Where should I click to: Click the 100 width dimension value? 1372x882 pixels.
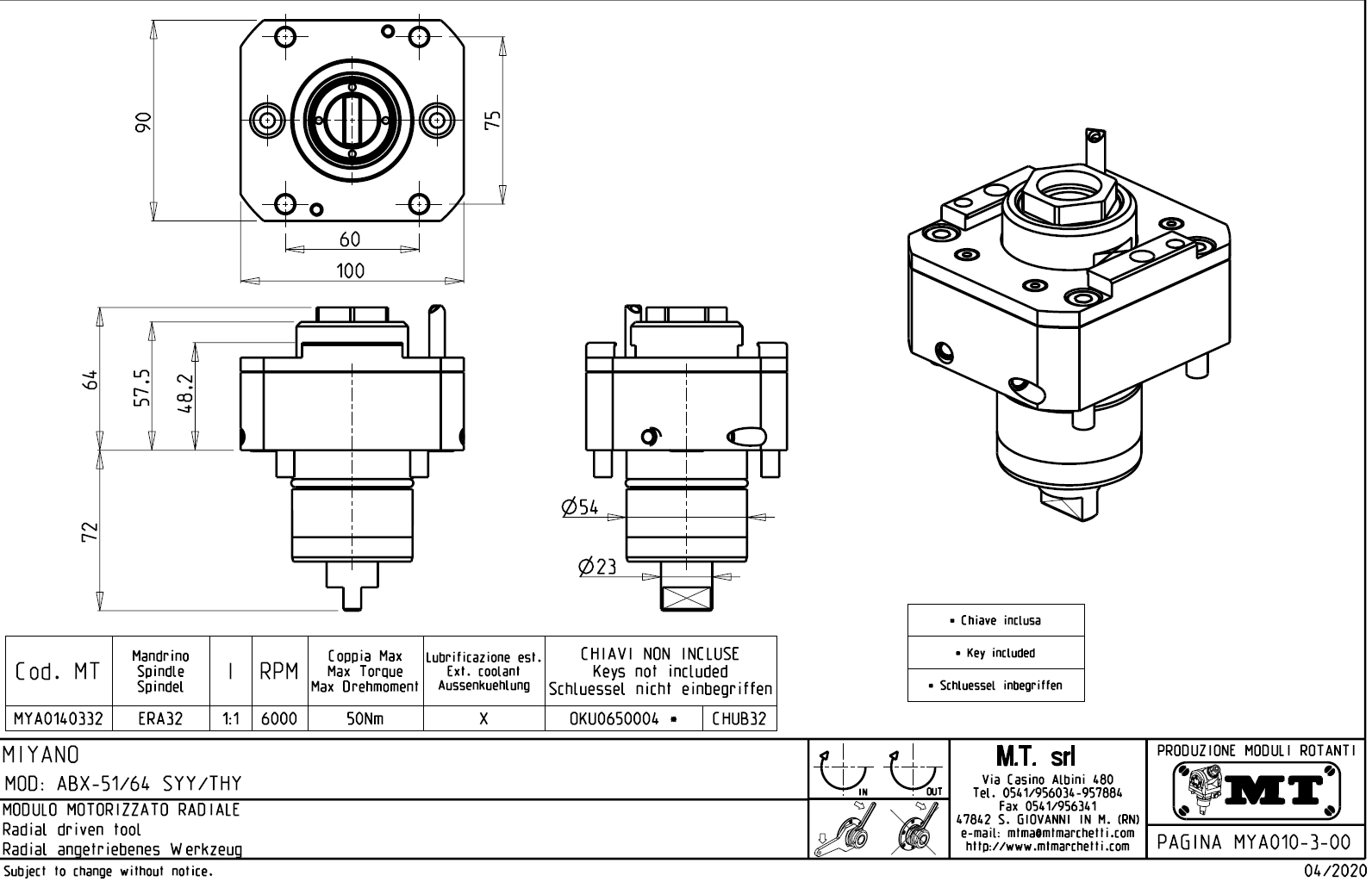350,270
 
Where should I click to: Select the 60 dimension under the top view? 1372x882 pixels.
350,239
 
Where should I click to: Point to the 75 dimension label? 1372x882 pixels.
492,119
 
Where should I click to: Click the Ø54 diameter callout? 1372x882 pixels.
580,506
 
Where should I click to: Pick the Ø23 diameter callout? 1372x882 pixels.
597,566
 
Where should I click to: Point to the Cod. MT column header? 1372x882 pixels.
58,671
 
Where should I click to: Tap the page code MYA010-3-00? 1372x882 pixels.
1254,842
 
